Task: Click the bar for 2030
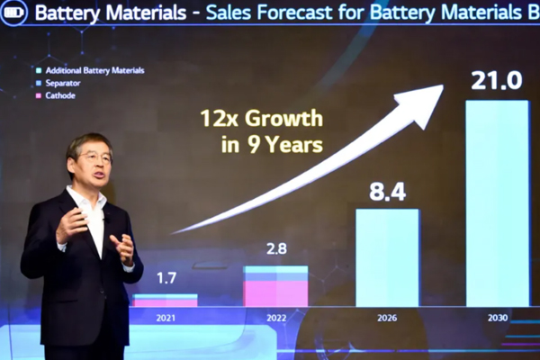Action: point(497,202)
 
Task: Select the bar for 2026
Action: point(387,257)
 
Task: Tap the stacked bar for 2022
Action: point(275,286)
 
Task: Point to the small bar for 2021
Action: point(165,301)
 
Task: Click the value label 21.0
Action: point(496,81)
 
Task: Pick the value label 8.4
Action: point(387,191)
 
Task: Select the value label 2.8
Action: point(275,248)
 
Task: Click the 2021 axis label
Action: point(165,317)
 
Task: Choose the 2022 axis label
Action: point(275,317)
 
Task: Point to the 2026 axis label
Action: point(387,317)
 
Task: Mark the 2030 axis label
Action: point(497,317)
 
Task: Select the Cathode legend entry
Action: point(59,95)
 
